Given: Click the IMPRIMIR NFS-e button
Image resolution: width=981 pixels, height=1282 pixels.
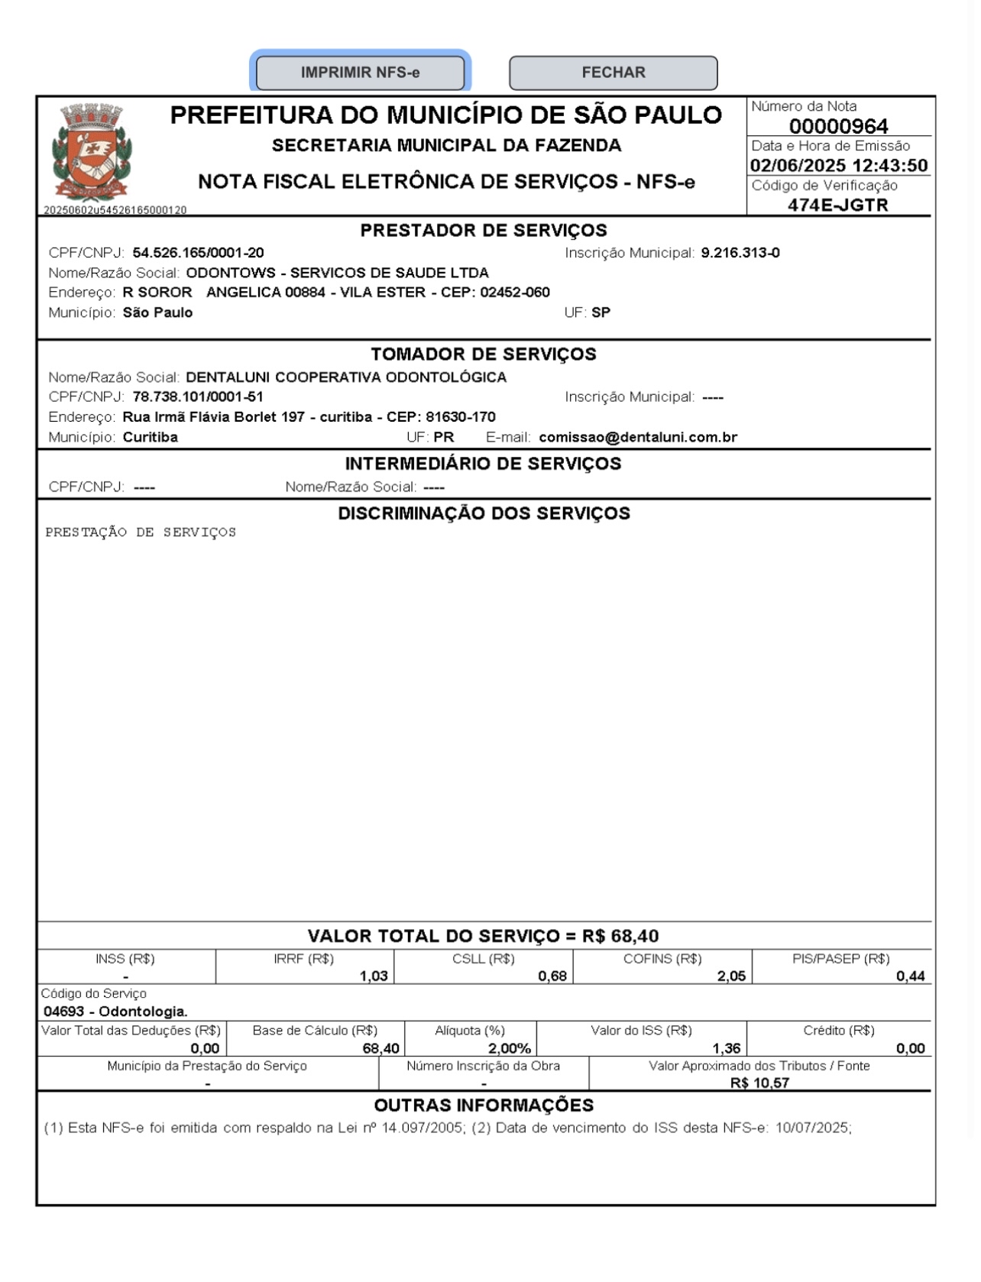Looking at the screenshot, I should pyautogui.click(x=360, y=73).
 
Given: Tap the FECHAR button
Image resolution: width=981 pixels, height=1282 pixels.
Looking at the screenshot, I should pyautogui.click(x=613, y=73).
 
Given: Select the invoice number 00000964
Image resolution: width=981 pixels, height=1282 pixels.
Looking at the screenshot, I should pyautogui.click(x=838, y=126).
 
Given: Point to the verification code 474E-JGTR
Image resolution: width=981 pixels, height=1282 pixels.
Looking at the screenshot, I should pyautogui.click(x=838, y=205).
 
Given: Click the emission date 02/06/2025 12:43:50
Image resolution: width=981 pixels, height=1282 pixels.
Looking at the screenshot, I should pyautogui.click(x=838, y=166).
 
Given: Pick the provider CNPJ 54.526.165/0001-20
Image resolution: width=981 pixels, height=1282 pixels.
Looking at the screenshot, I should pyautogui.click(x=198, y=253).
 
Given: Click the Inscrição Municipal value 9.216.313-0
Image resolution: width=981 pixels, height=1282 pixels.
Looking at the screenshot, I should pyautogui.click(x=740, y=253).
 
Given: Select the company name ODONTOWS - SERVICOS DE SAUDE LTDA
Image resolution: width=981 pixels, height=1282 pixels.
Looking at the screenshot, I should pyautogui.click(x=337, y=273).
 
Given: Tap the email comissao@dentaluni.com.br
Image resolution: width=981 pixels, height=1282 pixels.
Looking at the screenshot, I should pyautogui.click(x=638, y=437).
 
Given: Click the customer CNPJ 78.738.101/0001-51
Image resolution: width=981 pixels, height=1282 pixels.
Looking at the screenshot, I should pyautogui.click(x=198, y=397).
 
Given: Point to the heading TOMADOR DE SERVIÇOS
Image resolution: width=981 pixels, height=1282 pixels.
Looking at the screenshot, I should pyautogui.click(x=484, y=354).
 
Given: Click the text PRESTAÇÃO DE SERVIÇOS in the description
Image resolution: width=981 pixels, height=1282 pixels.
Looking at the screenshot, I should pyautogui.click(x=141, y=533).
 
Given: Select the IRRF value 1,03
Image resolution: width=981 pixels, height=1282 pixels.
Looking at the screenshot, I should pyautogui.click(x=374, y=976).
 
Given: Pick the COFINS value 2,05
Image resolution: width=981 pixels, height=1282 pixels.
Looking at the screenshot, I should pyautogui.click(x=731, y=976).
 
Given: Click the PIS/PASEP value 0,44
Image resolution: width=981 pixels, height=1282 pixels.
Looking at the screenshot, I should pyautogui.click(x=910, y=976).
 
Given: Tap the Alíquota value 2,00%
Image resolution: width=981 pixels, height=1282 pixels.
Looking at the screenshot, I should pyautogui.click(x=509, y=1048).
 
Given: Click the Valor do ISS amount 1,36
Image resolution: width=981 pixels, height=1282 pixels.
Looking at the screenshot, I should pyautogui.click(x=726, y=1048).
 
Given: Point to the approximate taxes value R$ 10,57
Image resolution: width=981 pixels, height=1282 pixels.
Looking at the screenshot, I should pyautogui.click(x=759, y=1083).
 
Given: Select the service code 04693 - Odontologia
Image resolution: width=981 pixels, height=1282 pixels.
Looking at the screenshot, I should pyautogui.click(x=115, y=1012).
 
